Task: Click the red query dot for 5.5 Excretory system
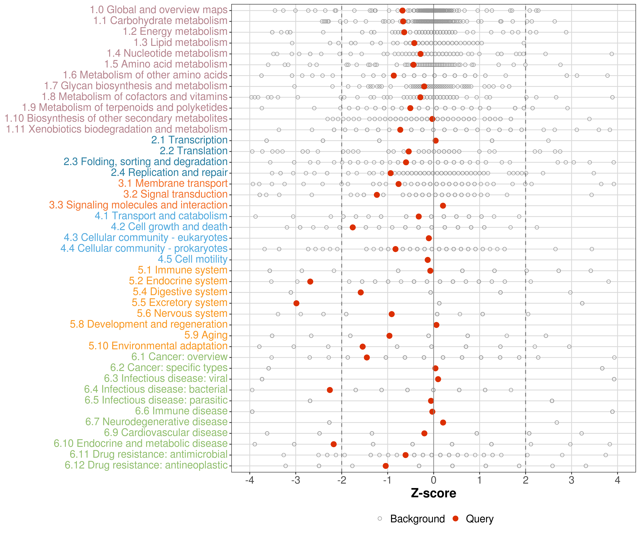(296, 303)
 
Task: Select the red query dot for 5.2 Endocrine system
(310, 281)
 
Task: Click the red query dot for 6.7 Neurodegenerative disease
(443, 422)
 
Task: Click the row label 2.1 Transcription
(189, 140)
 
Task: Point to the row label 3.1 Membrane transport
(173, 183)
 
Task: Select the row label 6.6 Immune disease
(181, 411)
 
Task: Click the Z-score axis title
(433, 493)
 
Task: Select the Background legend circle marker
(380, 518)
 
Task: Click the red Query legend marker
(456, 518)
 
